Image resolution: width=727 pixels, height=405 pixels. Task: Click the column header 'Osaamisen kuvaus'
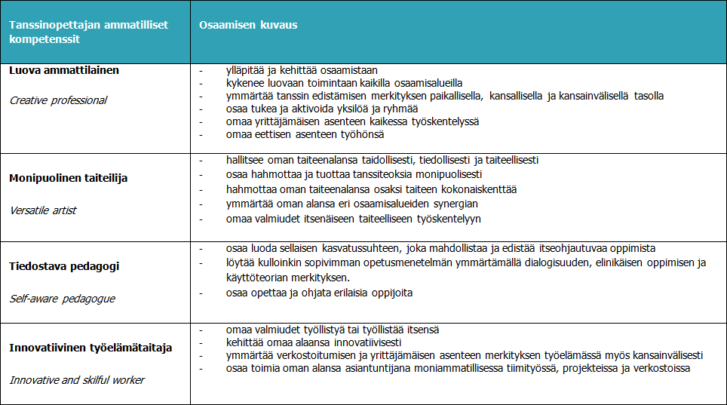tap(248, 25)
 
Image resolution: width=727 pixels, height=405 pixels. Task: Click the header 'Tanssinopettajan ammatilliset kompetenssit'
tap(88, 31)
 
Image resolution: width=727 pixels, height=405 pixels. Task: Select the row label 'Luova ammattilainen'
tap(64, 70)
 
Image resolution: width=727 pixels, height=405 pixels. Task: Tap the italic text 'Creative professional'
tap(58, 100)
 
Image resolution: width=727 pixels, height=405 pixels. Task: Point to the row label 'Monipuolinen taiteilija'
tap(68, 178)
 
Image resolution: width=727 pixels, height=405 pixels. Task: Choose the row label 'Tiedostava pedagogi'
tap(64, 266)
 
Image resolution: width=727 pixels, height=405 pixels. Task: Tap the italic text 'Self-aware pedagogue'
tap(62, 299)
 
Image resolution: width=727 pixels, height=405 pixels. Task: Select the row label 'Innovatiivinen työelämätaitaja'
tap(90, 348)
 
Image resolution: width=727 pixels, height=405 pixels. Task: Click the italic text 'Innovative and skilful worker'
tap(77, 380)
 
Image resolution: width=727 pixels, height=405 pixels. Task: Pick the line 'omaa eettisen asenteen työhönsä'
tap(305, 134)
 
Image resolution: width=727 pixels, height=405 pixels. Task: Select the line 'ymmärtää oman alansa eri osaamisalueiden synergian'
tap(351, 204)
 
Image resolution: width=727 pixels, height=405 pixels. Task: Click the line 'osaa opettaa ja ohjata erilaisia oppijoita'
tap(319, 293)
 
